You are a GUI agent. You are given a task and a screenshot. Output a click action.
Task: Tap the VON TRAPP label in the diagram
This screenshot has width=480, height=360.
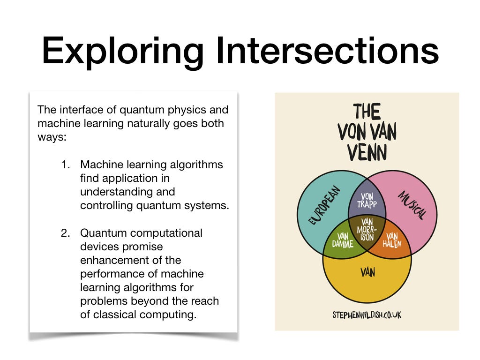coord(367,201)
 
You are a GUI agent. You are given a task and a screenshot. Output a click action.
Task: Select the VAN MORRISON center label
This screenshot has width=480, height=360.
coord(367,230)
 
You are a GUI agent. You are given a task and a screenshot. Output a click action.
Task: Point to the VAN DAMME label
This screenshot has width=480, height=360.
coord(343,240)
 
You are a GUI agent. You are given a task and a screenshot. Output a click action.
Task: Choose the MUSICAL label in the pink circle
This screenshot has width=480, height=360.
coord(412,205)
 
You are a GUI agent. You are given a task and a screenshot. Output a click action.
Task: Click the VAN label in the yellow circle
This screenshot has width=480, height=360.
coord(367,272)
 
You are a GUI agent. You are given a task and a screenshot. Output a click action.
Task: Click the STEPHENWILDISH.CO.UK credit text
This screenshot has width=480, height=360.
coord(367,315)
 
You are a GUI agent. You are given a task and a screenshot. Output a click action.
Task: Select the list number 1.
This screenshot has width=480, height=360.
coord(66,165)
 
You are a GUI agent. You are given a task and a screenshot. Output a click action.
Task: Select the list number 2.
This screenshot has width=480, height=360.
coord(66,233)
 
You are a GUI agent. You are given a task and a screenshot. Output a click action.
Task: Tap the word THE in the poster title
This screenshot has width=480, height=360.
coord(367,112)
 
